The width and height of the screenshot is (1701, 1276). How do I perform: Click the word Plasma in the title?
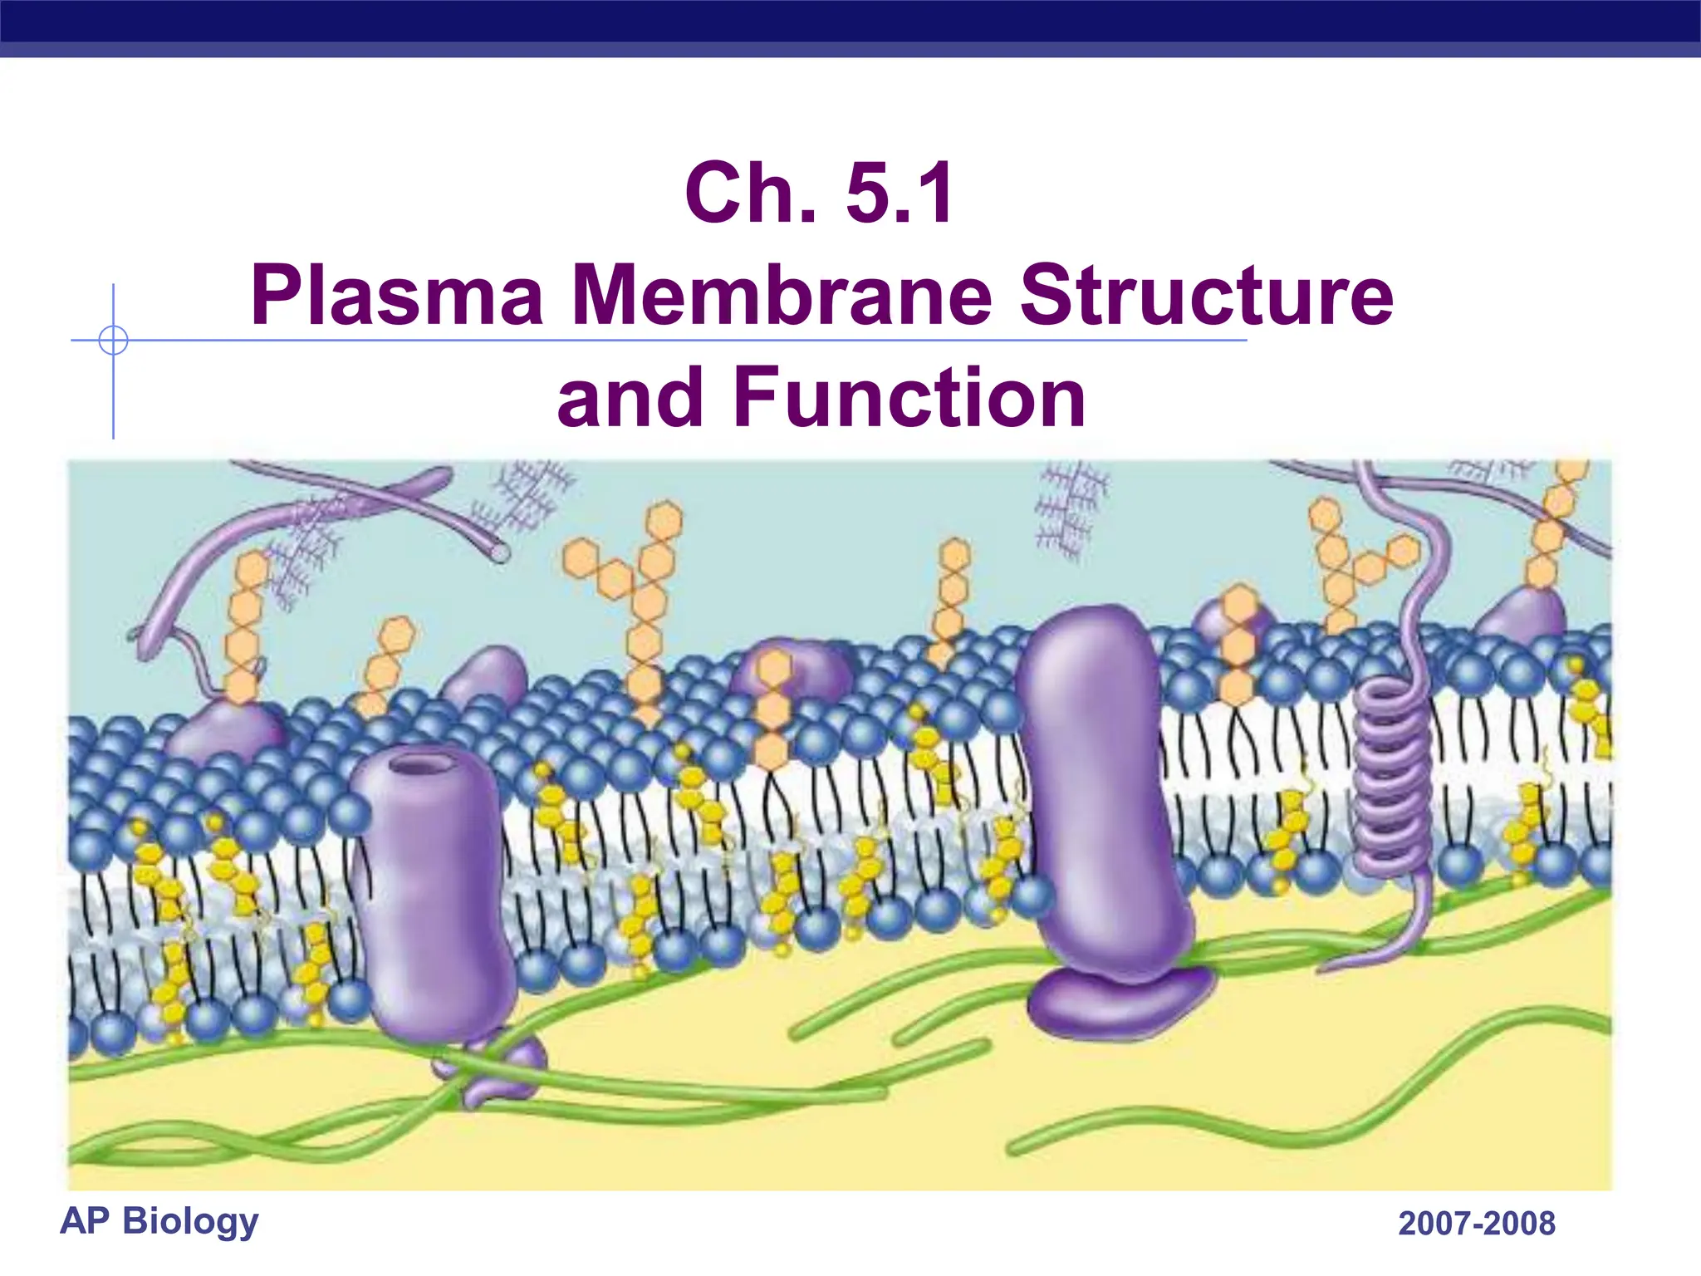(x=397, y=296)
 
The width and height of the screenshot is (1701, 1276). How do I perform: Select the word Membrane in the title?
(x=782, y=296)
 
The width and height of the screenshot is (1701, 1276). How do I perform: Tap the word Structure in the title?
(x=1206, y=296)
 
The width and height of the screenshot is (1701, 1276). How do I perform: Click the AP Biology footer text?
(x=159, y=1221)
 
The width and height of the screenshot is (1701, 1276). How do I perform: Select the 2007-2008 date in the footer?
(x=1477, y=1224)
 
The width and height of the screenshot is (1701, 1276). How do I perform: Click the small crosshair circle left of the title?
(x=113, y=341)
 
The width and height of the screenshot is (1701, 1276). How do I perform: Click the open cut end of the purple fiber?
(x=499, y=551)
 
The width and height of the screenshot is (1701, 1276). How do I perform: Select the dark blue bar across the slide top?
(x=850, y=22)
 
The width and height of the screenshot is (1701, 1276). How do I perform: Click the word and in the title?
(x=630, y=399)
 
